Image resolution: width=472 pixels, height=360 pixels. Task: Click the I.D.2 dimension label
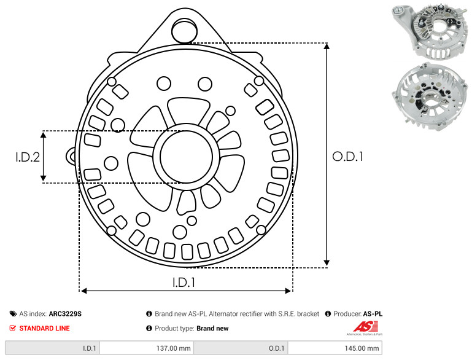28,157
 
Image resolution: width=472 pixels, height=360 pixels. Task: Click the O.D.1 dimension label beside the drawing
347,157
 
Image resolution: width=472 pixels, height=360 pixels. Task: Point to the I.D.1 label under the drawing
184,282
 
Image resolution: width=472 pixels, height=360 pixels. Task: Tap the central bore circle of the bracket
187,157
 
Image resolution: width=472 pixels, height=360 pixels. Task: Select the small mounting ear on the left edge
71,156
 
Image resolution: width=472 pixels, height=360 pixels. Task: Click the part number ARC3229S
65,313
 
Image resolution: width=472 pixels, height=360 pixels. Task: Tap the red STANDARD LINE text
45,328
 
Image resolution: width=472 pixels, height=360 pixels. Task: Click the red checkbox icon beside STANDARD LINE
13,328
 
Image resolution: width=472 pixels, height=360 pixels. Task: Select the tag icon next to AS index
13,313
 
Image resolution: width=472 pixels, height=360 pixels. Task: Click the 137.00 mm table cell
147,348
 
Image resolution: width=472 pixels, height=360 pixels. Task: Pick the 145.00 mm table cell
335,348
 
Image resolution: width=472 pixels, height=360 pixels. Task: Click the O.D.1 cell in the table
241,348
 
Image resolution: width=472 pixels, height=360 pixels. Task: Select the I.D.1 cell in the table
52,348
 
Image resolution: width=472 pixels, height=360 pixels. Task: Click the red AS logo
365,327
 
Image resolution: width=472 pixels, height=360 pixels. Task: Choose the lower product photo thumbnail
430,96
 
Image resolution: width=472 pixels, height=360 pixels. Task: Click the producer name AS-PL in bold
373,313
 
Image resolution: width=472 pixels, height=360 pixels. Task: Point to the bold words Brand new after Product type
212,328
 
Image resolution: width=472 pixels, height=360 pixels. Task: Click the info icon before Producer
328,313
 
